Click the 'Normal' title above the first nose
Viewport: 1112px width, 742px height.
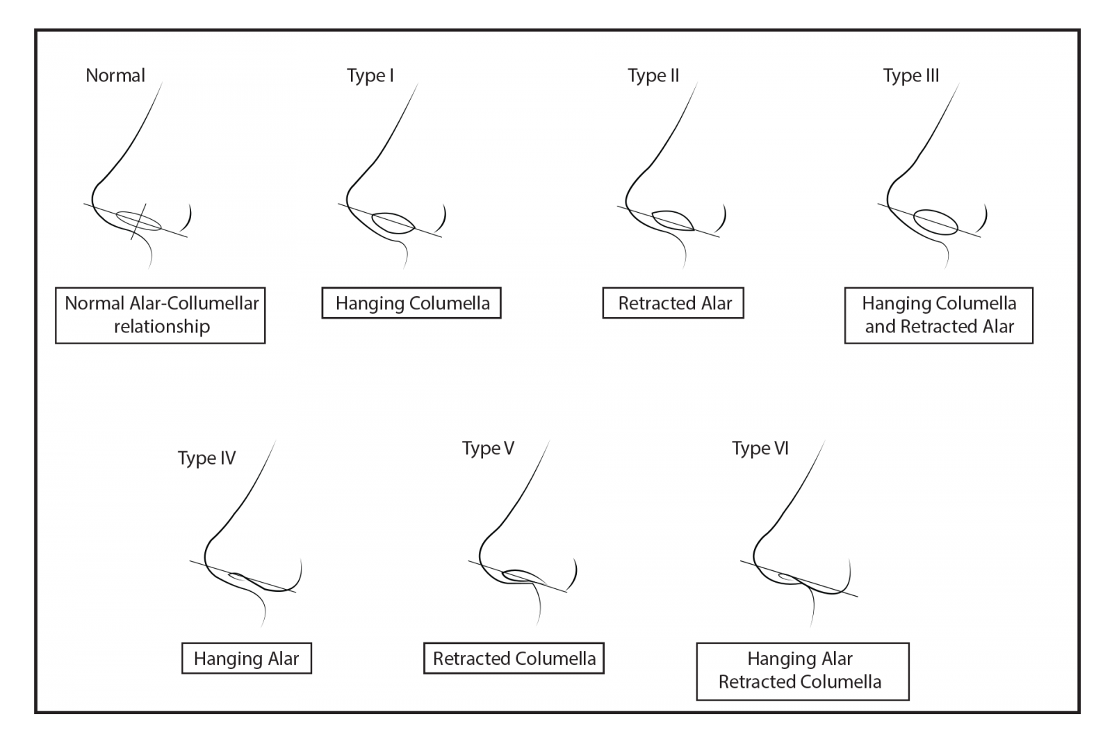tap(115, 76)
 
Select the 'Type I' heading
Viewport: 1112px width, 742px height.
tap(370, 76)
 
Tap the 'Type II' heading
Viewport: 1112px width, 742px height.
tap(653, 76)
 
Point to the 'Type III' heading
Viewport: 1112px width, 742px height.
tap(911, 76)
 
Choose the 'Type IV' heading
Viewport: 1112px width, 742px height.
tap(206, 458)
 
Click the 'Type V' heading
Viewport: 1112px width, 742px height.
tap(488, 449)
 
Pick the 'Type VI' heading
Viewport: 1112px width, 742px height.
tap(760, 449)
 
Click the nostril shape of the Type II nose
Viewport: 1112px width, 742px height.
tap(673, 212)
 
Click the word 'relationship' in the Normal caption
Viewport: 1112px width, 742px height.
tap(162, 327)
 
